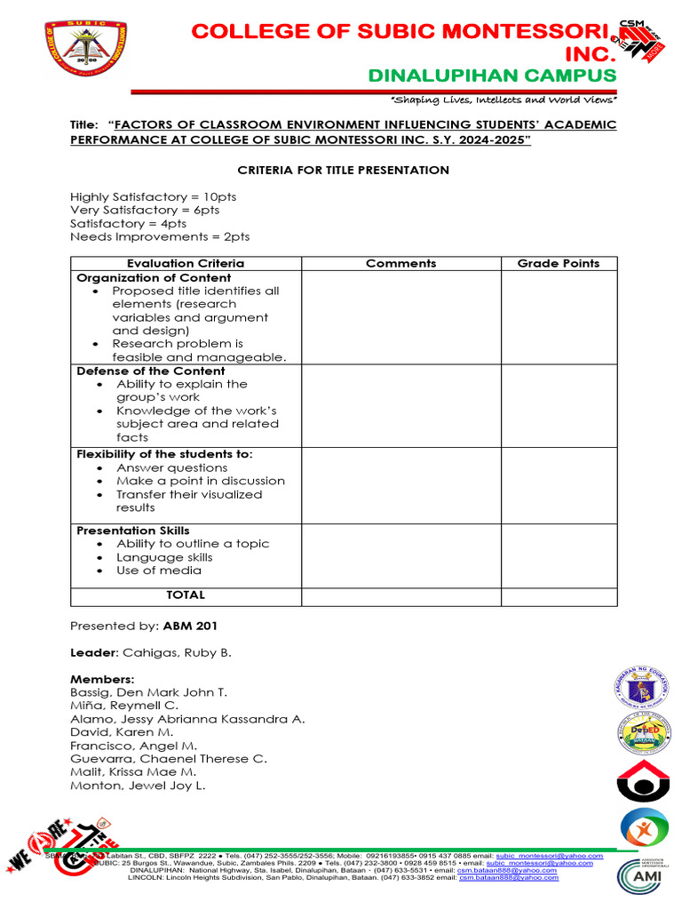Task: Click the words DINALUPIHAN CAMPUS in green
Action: coord(492,75)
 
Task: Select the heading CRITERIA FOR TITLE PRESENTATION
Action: coord(344,170)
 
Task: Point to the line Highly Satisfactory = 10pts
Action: coord(153,196)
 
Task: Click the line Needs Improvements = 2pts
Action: coord(160,236)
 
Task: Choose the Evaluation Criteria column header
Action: coord(186,263)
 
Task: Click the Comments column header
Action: coord(400,263)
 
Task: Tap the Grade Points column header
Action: coord(559,263)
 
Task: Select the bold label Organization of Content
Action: coord(154,277)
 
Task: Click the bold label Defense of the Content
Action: coord(151,371)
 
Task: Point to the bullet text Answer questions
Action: coord(171,467)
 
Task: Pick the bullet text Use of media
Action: coord(159,571)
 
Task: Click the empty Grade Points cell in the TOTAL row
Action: coord(559,595)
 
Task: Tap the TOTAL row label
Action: coord(186,595)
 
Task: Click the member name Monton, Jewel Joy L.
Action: coord(138,786)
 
